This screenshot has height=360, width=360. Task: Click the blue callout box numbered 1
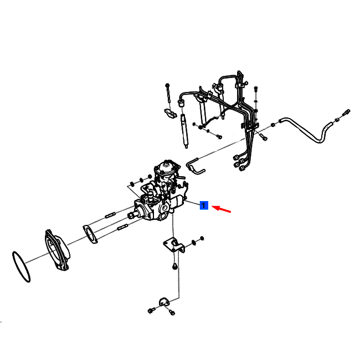[204, 205]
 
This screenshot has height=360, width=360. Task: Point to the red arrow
[221, 209]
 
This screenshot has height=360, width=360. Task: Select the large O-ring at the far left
[21, 267]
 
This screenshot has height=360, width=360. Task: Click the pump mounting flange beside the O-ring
[57, 249]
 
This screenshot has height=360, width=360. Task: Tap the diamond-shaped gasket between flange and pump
[90, 234]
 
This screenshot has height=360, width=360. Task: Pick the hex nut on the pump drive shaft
[130, 215]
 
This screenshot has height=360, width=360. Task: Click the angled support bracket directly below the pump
[174, 245]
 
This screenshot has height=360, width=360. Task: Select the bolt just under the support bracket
[174, 266]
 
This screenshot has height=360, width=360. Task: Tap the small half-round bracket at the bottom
[164, 302]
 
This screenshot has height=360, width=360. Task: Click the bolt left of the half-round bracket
[151, 310]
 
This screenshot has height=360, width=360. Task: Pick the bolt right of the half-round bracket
[172, 312]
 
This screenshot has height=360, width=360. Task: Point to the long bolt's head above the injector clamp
[167, 85]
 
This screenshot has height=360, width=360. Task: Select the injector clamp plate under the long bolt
[171, 112]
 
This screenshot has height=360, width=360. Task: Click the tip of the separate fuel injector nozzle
[186, 147]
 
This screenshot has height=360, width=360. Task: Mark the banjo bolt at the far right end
[346, 112]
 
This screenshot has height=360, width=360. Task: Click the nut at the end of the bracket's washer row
[202, 238]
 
